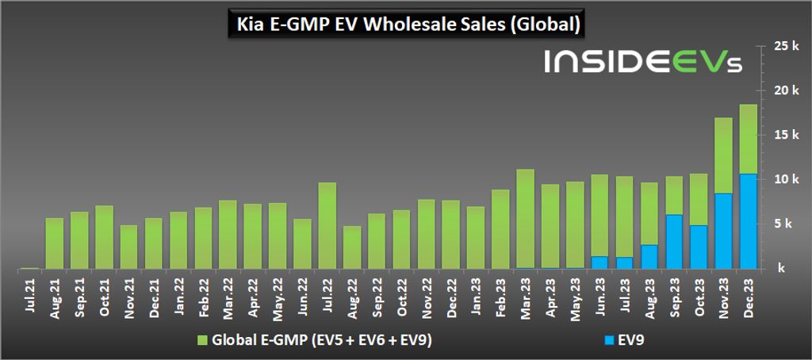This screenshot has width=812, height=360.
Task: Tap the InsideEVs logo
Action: pos(643,63)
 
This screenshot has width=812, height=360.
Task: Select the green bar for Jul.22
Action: pos(327,226)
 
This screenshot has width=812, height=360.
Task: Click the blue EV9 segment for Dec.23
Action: pos(748,221)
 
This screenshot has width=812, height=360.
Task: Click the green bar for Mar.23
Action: pos(525,218)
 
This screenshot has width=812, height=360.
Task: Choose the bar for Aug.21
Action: pos(55,243)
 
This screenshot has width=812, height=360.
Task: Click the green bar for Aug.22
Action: pos(352,247)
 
